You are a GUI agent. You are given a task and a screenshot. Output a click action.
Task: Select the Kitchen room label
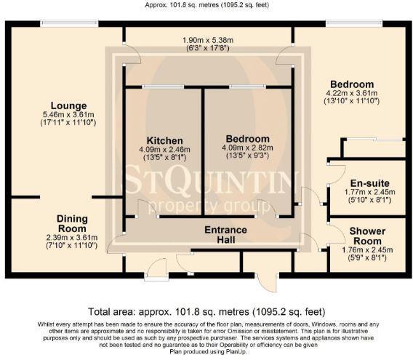click(x=164, y=140)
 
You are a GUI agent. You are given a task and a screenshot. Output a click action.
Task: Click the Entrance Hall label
click(x=225, y=235)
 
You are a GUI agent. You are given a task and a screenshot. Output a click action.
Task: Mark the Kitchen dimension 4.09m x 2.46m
click(x=164, y=150)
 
